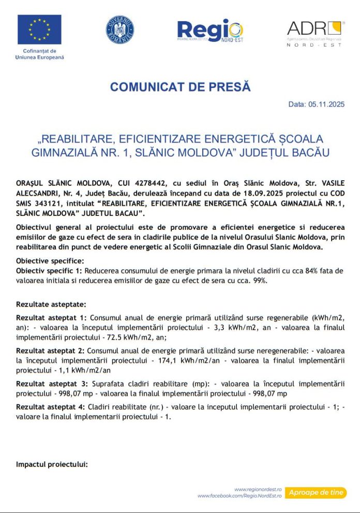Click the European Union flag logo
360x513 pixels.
point(39,30)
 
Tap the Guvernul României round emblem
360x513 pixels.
point(119,30)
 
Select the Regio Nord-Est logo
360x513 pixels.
point(209,31)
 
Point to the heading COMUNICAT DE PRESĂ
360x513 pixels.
point(180,87)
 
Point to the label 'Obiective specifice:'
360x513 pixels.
point(50,260)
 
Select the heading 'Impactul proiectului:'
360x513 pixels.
point(52,464)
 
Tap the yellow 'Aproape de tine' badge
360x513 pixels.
point(316,492)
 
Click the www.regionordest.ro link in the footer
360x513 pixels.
point(258,489)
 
